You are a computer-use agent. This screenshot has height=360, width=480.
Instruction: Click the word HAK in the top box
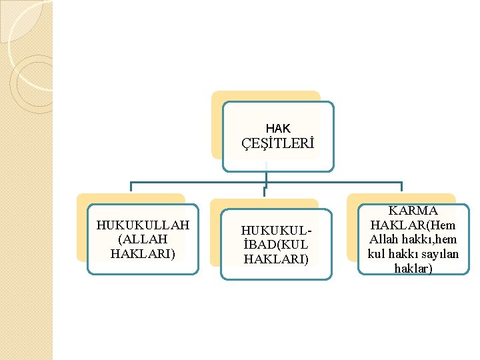pos(278,128)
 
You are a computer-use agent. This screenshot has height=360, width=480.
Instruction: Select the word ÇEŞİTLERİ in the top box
pos(277,144)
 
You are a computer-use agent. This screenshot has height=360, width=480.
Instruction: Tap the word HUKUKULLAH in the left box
pos(143,225)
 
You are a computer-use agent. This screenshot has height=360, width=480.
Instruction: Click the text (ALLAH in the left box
pos(142,239)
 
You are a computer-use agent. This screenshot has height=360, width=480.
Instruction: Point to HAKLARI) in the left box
pos(143,253)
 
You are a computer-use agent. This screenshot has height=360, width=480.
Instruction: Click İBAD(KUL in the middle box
pos(277,245)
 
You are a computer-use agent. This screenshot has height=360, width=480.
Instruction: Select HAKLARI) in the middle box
pos(277,259)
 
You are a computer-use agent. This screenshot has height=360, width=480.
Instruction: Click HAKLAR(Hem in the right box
pos(413,225)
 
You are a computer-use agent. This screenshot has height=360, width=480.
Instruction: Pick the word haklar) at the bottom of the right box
pos(413,268)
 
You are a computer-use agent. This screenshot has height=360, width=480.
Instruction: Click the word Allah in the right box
pos(386,239)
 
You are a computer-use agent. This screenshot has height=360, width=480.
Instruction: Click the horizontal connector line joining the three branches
pos(200,182)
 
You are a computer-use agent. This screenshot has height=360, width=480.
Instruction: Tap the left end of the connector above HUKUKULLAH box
pos(131,187)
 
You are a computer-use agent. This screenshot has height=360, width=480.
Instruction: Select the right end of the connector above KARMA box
pos(401,187)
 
